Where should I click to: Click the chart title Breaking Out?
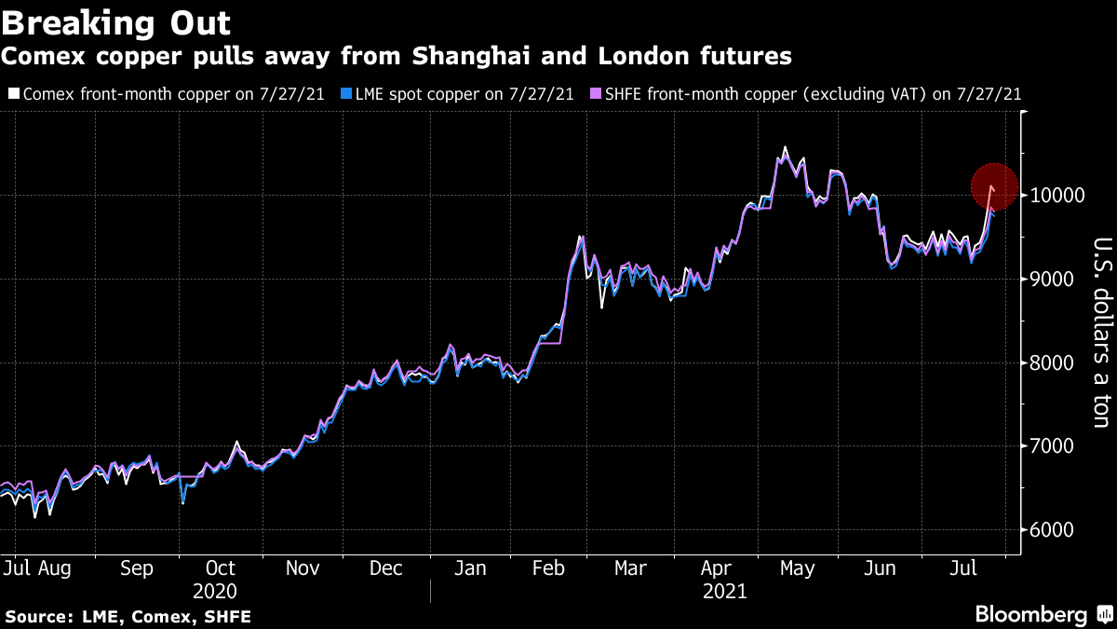point(116,21)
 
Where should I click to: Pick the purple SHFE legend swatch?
point(595,94)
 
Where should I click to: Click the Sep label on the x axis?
point(137,567)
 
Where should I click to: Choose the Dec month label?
point(385,567)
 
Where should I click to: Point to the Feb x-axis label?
point(551,567)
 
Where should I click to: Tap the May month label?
point(797,567)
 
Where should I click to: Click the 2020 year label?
point(215,591)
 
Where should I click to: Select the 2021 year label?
point(725,591)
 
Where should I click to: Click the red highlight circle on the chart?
point(993,186)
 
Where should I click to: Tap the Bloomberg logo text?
point(1030,615)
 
